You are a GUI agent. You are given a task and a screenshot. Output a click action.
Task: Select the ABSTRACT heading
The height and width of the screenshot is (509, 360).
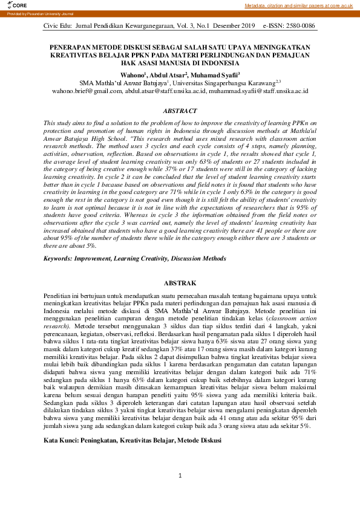180,111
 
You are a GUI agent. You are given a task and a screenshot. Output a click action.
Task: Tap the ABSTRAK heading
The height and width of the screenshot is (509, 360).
180,283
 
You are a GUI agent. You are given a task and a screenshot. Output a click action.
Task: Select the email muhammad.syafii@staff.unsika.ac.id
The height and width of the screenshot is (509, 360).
259,91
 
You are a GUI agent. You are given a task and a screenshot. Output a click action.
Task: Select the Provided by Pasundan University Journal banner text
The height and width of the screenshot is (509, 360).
31,14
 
